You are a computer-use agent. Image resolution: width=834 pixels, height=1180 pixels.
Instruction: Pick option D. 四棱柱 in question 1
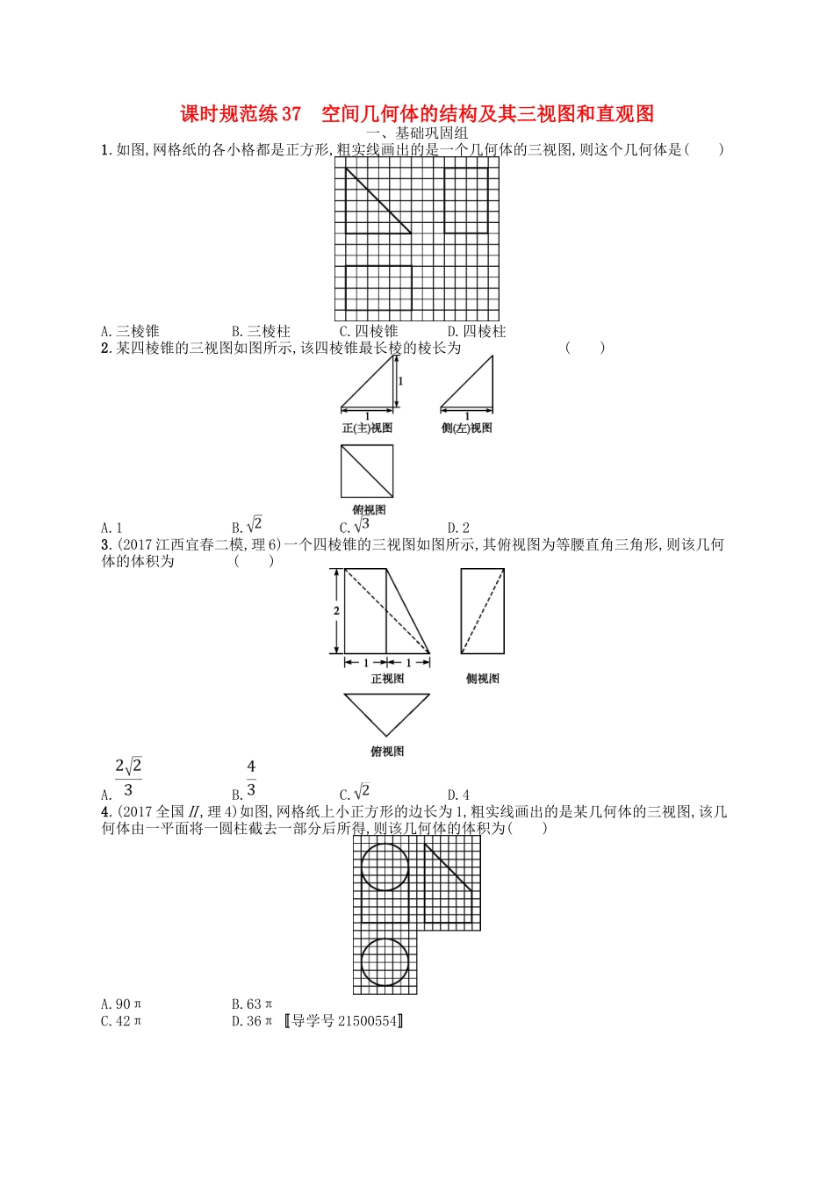click(477, 331)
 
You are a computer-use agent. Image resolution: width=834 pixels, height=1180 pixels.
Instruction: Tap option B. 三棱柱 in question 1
click(261, 331)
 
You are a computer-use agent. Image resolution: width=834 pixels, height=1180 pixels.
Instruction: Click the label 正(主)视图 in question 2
click(367, 428)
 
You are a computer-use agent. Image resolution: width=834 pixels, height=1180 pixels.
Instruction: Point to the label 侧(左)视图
click(467, 428)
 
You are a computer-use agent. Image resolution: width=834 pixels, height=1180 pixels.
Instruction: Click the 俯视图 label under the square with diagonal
click(369, 510)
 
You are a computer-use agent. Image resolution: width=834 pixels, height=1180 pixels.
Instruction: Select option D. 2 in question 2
click(458, 528)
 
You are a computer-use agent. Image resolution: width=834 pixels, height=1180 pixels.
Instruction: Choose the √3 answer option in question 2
click(356, 526)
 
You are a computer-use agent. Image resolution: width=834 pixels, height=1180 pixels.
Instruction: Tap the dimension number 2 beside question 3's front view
click(336, 611)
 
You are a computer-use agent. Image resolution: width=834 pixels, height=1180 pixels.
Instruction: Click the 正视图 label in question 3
click(387, 679)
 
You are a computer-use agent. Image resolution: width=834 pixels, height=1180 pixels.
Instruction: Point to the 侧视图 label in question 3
click(483, 679)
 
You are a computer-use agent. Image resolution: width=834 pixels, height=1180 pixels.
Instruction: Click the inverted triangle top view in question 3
click(387, 711)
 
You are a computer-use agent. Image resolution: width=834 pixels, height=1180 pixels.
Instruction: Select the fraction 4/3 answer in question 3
click(250, 779)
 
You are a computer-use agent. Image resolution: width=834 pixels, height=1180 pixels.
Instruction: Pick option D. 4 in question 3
click(458, 795)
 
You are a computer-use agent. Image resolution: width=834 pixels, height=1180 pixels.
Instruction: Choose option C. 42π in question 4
click(121, 1021)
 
